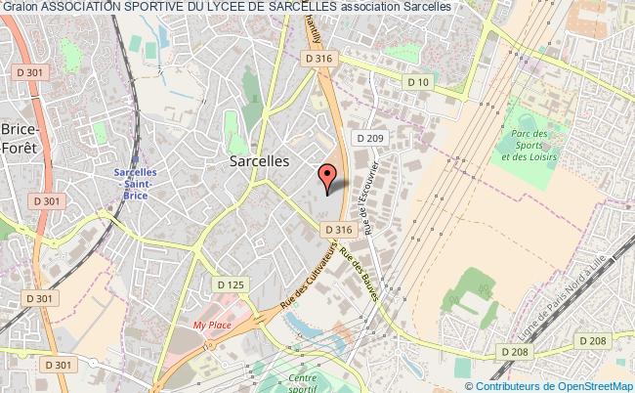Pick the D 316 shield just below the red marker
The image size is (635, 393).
tap(337, 230)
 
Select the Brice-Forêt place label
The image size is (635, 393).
tap(19, 139)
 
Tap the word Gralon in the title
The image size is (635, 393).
tap(19, 7)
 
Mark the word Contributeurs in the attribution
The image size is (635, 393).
tap(516, 385)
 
